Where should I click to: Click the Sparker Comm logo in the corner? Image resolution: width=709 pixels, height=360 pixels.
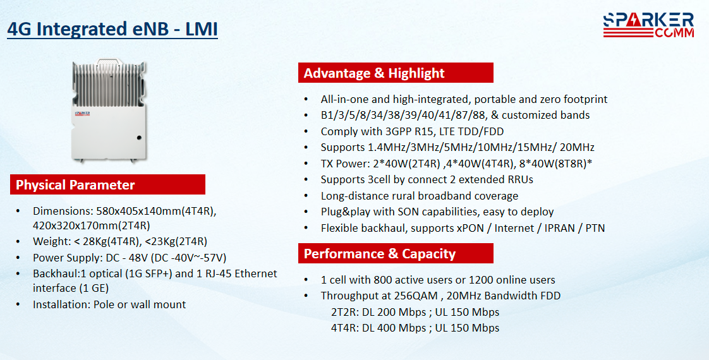pyautogui.click(x=648, y=25)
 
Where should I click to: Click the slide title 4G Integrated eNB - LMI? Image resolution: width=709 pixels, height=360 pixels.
pyautogui.click(x=112, y=29)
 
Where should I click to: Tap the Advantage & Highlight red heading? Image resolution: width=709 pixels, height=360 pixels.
pyautogui.click(x=396, y=73)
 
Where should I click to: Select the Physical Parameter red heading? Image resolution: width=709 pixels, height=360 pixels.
pyautogui.click(x=107, y=185)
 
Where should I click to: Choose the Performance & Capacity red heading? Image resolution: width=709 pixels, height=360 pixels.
pyautogui.click(x=396, y=253)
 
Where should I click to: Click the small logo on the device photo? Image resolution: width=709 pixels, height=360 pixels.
pyautogui.click(x=83, y=114)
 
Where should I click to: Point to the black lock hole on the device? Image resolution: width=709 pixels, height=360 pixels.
pyautogui.click(x=139, y=137)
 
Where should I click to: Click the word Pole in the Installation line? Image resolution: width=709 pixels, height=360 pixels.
pyautogui.click(x=104, y=304)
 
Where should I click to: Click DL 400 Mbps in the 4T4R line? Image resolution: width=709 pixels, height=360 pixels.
pyautogui.click(x=394, y=328)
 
